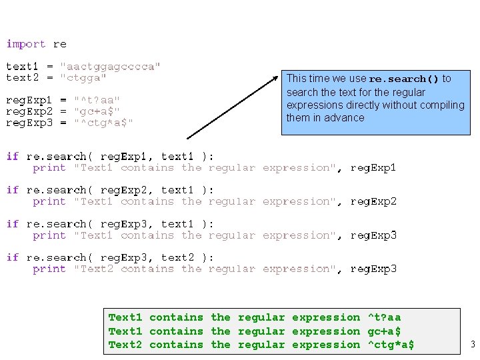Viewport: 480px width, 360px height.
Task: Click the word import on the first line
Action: [x=26, y=44]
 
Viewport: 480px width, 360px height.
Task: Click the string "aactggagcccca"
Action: [x=110, y=67]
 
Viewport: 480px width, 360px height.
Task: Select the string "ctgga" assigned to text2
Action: [x=83, y=77]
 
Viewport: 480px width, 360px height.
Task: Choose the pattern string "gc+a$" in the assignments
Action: [x=97, y=111]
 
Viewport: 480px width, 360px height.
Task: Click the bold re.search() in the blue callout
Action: [x=404, y=79]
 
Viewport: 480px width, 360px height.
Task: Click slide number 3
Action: [x=472, y=345]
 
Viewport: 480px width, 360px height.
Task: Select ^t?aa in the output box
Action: [x=384, y=317]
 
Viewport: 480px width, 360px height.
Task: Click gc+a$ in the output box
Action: [x=384, y=331]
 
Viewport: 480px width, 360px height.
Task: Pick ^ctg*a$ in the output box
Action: [x=391, y=345]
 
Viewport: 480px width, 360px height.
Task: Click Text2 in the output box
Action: [x=125, y=345]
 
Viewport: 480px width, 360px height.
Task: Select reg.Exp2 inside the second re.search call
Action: [x=121, y=190]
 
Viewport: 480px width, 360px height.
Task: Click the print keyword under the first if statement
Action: [x=49, y=168]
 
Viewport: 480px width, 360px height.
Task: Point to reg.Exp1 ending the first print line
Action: [x=373, y=168]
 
